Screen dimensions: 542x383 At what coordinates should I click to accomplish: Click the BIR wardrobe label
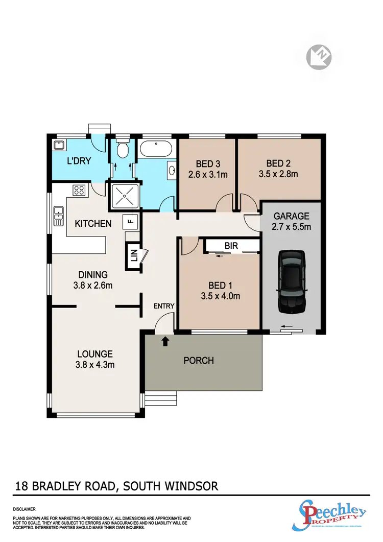(231, 246)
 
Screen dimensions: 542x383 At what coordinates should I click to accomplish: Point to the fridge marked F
(130, 222)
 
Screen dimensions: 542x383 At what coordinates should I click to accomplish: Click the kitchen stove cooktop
(79, 191)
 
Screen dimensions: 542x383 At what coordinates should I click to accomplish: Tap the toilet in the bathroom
(121, 150)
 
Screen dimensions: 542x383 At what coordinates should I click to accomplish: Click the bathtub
(156, 150)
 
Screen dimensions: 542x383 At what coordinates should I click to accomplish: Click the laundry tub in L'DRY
(58, 146)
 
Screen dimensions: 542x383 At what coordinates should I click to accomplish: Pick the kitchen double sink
(58, 216)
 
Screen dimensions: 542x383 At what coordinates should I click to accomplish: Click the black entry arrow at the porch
(165, 341)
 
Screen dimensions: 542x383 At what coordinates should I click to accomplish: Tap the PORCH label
(199, 361)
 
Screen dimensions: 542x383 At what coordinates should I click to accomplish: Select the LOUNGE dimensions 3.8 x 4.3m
(95, 365)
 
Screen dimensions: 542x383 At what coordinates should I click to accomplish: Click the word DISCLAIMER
(25, 509)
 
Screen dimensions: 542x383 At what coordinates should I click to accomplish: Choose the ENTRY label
(164, 306)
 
